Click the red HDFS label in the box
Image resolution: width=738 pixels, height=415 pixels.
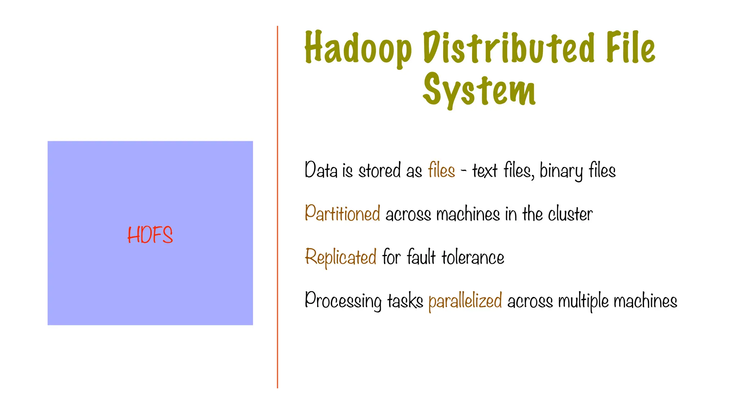[150, 235]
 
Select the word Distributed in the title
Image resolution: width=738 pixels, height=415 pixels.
[508, 48]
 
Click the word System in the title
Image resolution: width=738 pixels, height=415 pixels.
[479, 90]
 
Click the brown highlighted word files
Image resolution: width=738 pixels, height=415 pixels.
[441, 170]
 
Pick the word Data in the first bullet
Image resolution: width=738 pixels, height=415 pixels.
[321, 170]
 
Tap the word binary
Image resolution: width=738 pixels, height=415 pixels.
[561, 171]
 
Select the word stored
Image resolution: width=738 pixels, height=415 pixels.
[379, 170]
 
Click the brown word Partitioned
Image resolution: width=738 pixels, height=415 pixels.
[342, 213]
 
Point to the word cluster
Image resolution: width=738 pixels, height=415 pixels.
[570, 214]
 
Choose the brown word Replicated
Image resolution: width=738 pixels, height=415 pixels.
[341, 257]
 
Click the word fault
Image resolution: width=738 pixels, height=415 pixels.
[421, 257]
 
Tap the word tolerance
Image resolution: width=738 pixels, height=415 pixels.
[473, 257]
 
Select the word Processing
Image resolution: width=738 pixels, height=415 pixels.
[343, 301]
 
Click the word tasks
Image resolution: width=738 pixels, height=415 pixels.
[405, 301]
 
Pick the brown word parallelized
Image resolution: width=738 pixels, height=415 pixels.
[465, 301]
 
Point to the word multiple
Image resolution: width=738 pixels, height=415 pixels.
[583, 301]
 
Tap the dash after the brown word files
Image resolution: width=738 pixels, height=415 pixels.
[464, 171]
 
